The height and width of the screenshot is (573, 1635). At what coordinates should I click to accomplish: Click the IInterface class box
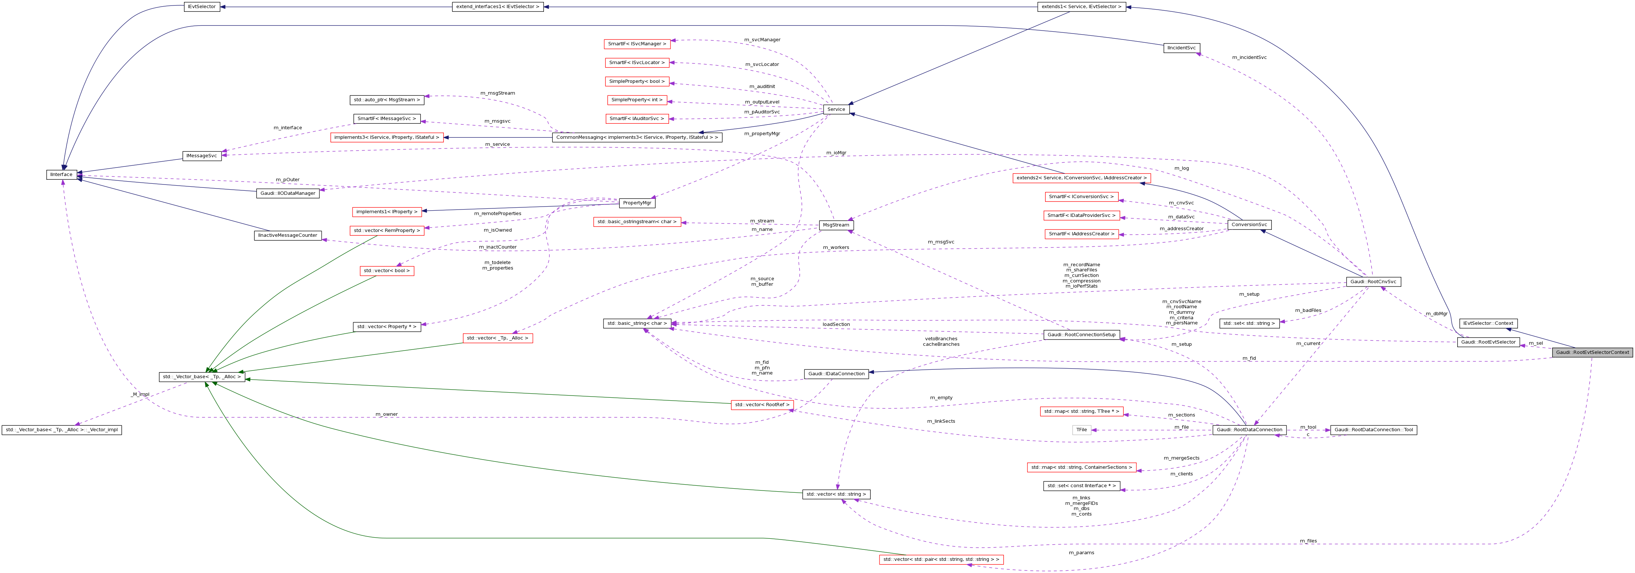(x=61, y=175)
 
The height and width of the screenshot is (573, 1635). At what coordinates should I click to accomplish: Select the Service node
(x=836, y=109)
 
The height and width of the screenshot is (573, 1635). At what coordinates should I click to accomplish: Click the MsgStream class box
(x=835, y=225)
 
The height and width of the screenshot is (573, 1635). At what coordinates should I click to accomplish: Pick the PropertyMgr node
(x=637, y=203)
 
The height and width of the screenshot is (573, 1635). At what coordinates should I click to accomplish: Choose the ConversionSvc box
(x=1249, y=224)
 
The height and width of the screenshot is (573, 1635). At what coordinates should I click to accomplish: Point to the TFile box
(x=1082, y=430)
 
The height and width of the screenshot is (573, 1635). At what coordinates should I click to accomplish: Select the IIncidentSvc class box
(x=1181, y=48)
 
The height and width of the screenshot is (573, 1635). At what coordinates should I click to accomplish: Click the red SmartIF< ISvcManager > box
(x=637, y=44)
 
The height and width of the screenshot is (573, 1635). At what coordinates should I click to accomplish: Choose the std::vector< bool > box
(x=386, y=271)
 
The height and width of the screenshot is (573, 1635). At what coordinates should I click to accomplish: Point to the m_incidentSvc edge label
(x=1249, y=57)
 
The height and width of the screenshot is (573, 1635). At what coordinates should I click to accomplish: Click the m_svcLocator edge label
(x=762, y=64)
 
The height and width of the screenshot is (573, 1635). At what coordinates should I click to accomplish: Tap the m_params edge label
(x=1081, y=553)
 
